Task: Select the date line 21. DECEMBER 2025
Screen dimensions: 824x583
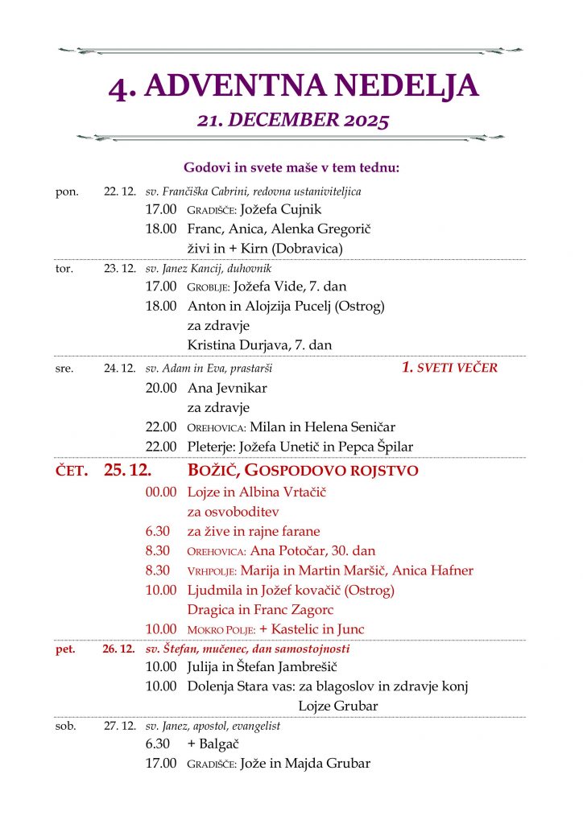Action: (x=293, y=121)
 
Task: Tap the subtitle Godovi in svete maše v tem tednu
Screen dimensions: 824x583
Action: (x=291, y=167)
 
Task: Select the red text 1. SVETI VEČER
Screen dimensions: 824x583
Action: (x=449, y=368)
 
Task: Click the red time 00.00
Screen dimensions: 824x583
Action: (x=160, y=491)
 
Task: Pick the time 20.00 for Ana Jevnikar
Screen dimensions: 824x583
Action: (x=160, y=388)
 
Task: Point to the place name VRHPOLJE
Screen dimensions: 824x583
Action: (x=212, y=571)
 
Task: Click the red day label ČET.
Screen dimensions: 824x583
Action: (x=71, y=471)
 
